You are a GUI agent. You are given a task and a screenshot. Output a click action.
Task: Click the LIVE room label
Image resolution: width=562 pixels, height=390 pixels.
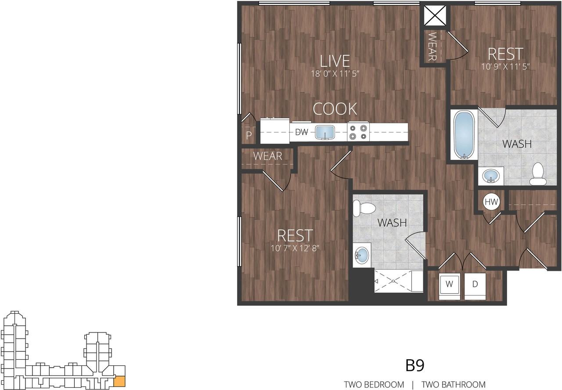[335, 61]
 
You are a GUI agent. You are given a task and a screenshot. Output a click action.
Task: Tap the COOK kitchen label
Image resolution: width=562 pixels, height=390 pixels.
[335, 108]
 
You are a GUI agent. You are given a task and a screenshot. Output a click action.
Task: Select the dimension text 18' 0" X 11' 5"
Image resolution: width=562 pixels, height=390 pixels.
[335, 74]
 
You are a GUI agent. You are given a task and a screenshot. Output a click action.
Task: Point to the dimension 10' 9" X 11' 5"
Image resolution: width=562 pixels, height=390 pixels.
[505, 67]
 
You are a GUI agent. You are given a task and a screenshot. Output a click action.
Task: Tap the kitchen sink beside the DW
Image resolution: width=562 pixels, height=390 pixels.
[324, 132]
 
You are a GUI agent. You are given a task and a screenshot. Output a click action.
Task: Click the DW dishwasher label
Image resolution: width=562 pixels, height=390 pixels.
[301, 132]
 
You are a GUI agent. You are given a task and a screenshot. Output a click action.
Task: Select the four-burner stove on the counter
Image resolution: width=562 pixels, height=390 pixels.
[358, 132]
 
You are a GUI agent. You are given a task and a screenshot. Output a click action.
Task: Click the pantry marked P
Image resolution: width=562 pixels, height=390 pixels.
[249, 135]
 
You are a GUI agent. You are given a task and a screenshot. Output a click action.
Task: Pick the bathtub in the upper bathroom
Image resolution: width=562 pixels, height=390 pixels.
[464, 135]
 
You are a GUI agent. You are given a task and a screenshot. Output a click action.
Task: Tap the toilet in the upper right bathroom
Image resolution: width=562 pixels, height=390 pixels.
[537, 174]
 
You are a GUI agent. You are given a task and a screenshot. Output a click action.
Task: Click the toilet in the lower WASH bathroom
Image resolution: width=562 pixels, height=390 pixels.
[363, 209]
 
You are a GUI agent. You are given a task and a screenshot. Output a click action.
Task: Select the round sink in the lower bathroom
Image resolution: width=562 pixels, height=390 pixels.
[362, 255]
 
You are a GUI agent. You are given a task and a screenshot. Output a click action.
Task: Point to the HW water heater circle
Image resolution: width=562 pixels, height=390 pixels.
[492, 202]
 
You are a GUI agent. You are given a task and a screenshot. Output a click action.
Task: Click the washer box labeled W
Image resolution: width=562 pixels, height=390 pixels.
[449, 284]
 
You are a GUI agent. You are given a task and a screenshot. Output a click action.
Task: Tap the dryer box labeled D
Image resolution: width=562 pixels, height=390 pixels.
[475, 284]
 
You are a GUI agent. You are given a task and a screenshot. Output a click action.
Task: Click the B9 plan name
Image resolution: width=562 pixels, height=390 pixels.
[414, 365]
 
